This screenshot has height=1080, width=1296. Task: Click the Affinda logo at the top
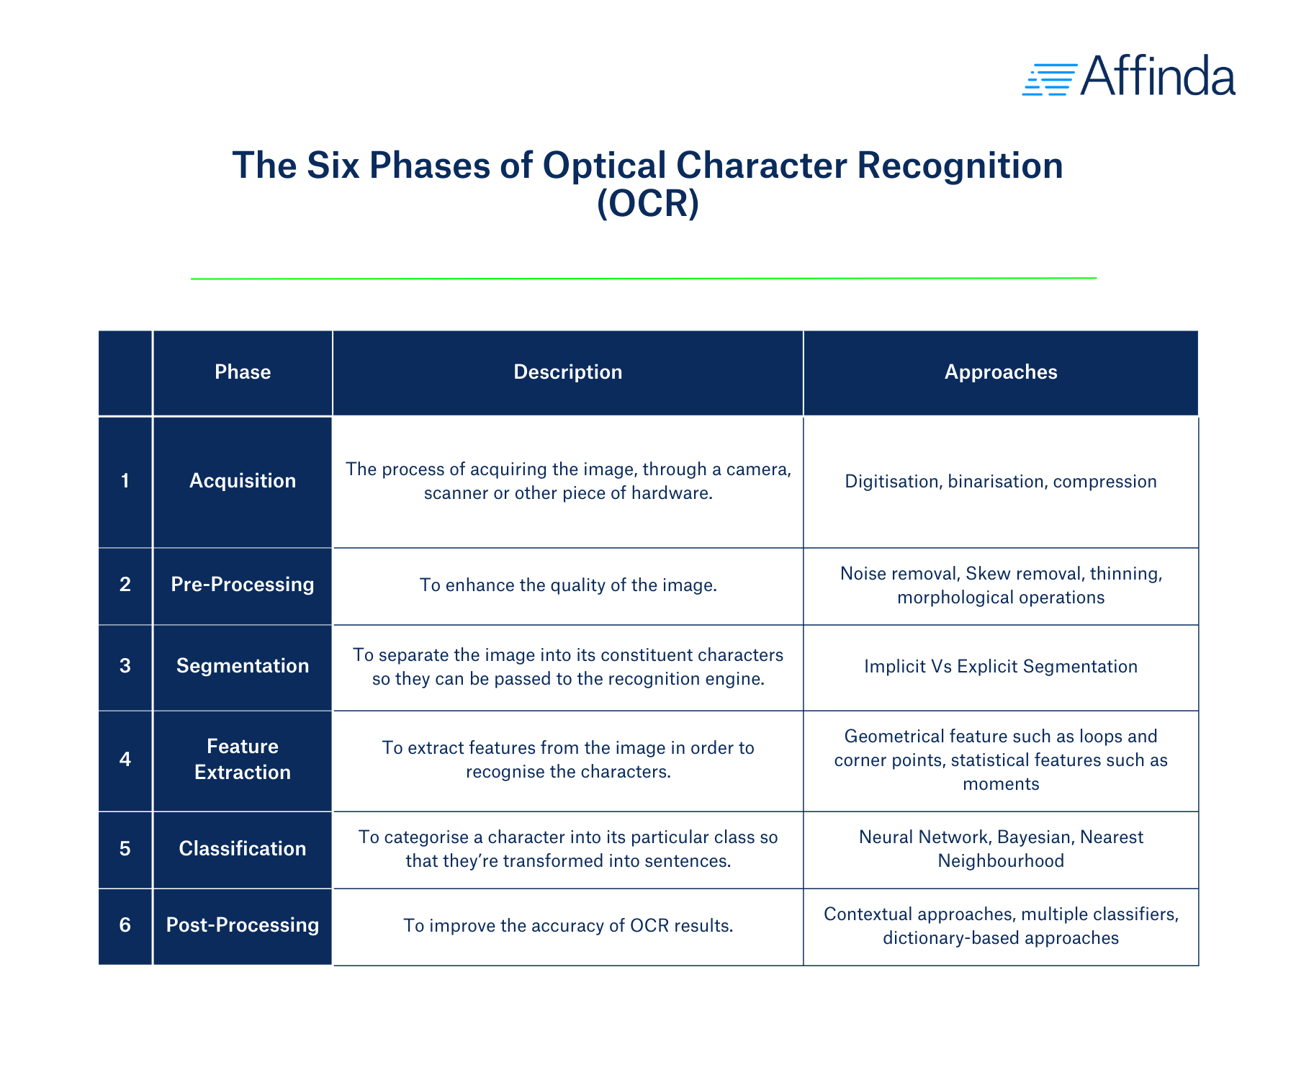pyautogui.click(x=1128, y=76)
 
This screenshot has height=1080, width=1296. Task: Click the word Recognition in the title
pyautogui.click(x=960, y=166)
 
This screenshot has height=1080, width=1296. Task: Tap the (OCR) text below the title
pyautogui.click(x=648, y=204)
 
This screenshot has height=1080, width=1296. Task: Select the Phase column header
pyautogui.click(x=243, y=372)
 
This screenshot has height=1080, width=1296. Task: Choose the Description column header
pyautogui.click(x=567, y=372)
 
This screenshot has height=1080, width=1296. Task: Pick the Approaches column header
pyautogui.click(x=1000, y=372)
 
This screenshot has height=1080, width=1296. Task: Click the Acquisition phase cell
pyautogui.click(x=243, y=481)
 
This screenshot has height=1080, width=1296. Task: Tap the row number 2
pyautogui.click(x=125, y=585)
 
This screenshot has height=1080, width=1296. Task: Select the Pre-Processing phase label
pyautogui.click(x=243, y=585)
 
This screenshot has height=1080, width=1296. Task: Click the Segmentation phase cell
pyautogui.click(x=243, y=666)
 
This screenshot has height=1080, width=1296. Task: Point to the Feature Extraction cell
pyautogui.click(x=243, y=760)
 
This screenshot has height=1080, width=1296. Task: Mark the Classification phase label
pyautogui.click(x=243, y=849)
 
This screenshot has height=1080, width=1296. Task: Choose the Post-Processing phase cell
pyautogui.click(x=243, y=925)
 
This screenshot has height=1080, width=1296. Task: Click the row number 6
pyautogui.click(x=125, y=925)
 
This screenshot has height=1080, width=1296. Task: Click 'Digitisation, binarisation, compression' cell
pyautogui.click(x=1000, y=482)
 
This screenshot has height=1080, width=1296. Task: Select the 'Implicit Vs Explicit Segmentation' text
pyautogui.click(x=1000, y=667)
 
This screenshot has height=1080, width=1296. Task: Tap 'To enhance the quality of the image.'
pyautogui.click(x=567, y=585)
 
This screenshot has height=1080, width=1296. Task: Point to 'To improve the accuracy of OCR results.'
pyautogui.click(x=567, y=926)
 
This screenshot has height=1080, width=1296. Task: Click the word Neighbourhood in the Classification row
pyautogui.click(x=1000, y=861)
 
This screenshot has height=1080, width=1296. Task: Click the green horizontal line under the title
pyautogui.click(x=643, y=278)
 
